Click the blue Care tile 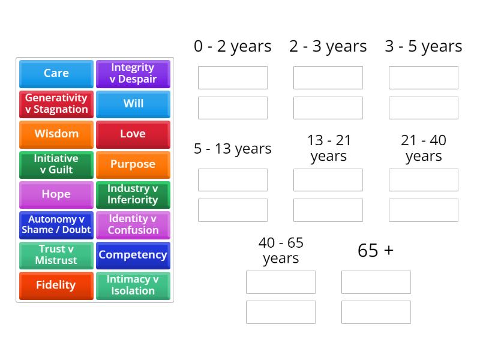pyautogui.click(x=56, y=73)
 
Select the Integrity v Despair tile pyautogui.click(x=133, y=73)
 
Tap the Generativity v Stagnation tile pyautogui.click(x=56, y=104)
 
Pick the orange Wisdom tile pyautogui.click(x=56, y=134)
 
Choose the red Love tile pyautogui.click(x=133, y=134)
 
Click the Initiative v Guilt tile pyautogui.click(x=56, y=164)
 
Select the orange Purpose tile pyautogui.click(x=133, y=164)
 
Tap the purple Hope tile pyautogui.click(x=56, y=194)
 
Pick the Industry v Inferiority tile pyautogui.click(x=133, y=194)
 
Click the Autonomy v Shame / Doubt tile pyautogui.click(x=56, y=224)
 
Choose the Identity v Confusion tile pyautogui.click(x=133, y=224)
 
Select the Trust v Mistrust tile pyautogui.click(x=56, y=255)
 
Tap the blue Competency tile pyautogui.click(x=133, y=255)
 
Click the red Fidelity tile pyautogui.click(x=56, y=285)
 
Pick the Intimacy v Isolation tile pyautogui.click(x=133, y=285)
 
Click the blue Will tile pyautogui.click(x=133, y=104)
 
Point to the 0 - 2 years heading pyautogui.click(x=233, y=46)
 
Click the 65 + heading pyautogui.click(x=376, y=250)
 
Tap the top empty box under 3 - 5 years pyautogui.click(x=423, y=78)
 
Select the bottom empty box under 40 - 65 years pyautogui.click(x=281, y=312)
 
